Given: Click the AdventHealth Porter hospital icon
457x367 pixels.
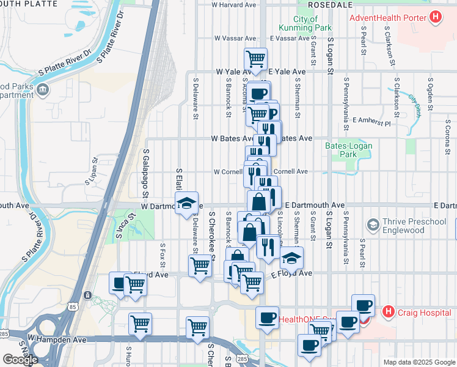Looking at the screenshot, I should click(x=435, y=18).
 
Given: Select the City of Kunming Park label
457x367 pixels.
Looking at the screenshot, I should click(x=304, y=24).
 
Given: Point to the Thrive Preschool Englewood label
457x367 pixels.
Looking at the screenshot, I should click(x=411, y=226).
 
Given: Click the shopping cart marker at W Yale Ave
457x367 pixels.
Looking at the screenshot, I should click(x=256, y=59).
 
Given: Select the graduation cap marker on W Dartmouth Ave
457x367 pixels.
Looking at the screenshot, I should click(x=186, y=204).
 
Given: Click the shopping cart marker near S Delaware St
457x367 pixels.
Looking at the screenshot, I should click(x=200, y=266).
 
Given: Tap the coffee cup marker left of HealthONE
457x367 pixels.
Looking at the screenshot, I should click(x=267, y=317).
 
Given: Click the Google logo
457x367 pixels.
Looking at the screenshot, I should click(x=20, y=360).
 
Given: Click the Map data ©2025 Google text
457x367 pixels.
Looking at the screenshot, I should click(x=419, y=361).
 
